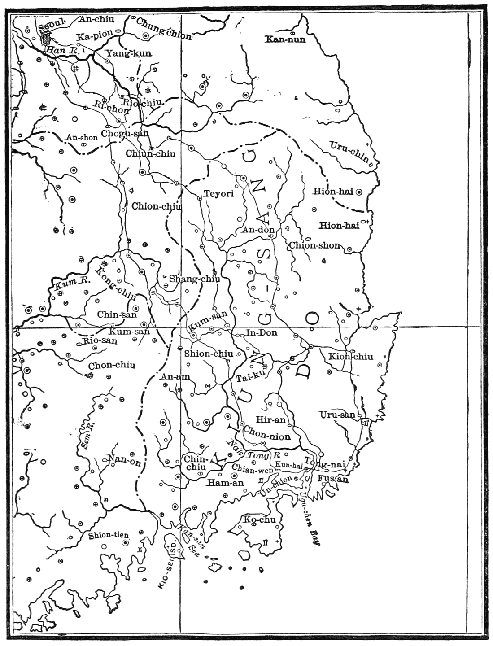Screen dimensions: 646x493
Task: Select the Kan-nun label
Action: coord(285,39)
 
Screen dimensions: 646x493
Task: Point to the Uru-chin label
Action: coord(349,152)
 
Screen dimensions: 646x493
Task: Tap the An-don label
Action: coord(258,230)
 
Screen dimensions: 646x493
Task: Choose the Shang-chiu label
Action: coord(194,279)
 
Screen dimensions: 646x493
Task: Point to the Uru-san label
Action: coord(337,415)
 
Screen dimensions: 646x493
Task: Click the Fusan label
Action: coord(332,479)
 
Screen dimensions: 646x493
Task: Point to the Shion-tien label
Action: coord(109,535)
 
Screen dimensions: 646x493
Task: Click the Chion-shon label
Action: coord(314,245)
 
